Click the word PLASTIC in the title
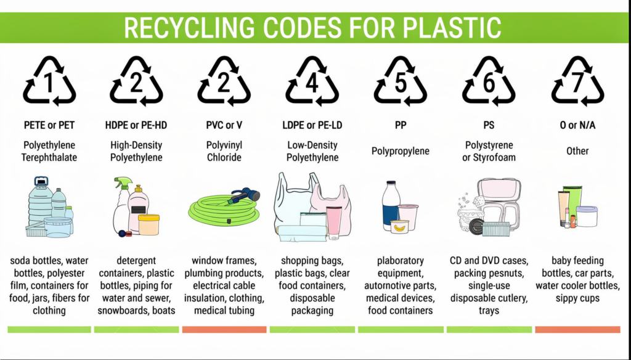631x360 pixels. pyautogui.click(x=452, y=28)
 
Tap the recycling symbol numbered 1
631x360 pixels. pyautogui.click(x=49, y=82)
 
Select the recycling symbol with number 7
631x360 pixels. pyautogui.click(x=577, y=82)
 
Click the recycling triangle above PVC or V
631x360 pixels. pyautogui.click(x=224, y=82)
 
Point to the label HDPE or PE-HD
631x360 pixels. pyautogui.click(x=136, y=125)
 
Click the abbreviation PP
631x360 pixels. pyautogui.click(x=401, y=125)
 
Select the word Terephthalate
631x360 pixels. pyautogui.click(x=49, y=157)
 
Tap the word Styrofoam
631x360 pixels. pyautogui.click(x=495, y=157)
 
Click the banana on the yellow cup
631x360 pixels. pyautogui.click(x=399, y=228)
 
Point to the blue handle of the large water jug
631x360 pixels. pyautogui.click(x=41, y=182)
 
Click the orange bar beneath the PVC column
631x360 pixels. pyautogui.click(x=224, y=329)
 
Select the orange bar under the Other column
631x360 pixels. pyautogui.click(x=577, y=329)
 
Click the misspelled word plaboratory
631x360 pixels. pyautogui.click(x=401, y=261)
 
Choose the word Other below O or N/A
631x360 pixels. pyautogui.click(x=577, y=151)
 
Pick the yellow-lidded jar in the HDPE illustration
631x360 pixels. pyautogui.click(x=149, y=224)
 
